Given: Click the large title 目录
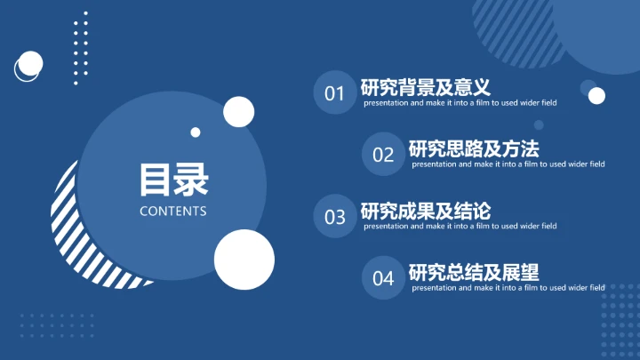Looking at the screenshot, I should (x=173, y=180).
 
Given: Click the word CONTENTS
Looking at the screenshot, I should (x=173, y=212).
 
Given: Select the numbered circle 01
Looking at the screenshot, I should (x=334, y=93).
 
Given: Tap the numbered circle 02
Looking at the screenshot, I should (x=383, y=155).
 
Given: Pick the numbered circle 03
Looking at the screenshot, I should (x=334, y=217).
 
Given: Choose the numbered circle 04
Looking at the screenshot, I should (x=383, y=278).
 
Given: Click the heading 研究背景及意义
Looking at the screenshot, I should (x=426, y=87).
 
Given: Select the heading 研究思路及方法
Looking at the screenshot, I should (x=474, y=148).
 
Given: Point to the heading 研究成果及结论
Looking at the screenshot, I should (x=426, y=211).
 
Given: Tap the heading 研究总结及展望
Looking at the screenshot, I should (x=474, y=272).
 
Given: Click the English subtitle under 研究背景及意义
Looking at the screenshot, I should (x=460, y=103).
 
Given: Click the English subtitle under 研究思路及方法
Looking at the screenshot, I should (x=508, y=164).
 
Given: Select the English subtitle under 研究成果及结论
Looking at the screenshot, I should (x=460, y=226).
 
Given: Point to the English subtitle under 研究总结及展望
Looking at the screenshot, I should (x=508, y=288).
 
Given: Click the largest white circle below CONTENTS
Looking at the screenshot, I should (x=244, y=259).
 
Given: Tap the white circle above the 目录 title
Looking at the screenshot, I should (x=239, y=112).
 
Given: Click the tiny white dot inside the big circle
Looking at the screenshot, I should (x=196, y=132).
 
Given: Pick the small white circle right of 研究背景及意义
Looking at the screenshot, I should (x=596, y=95).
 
